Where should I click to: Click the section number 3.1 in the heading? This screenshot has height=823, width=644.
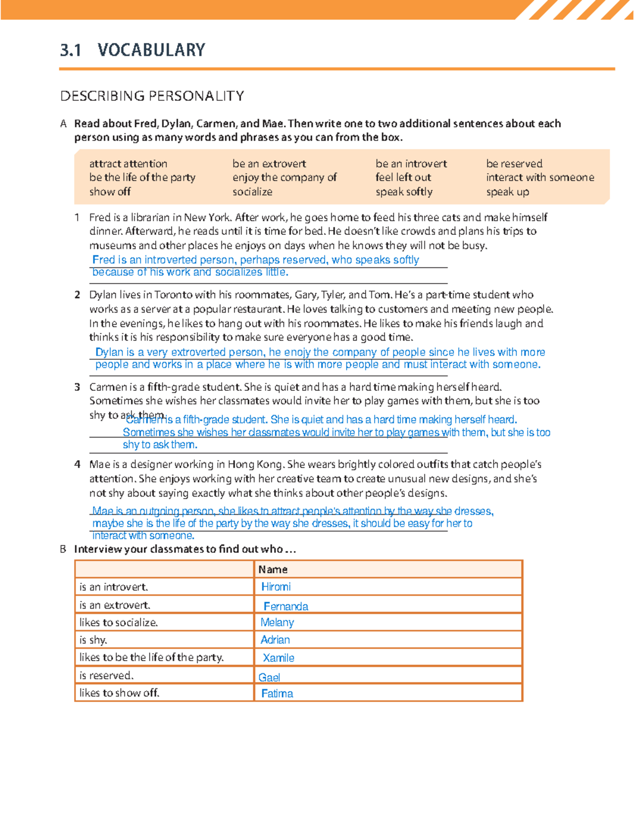point(70,50)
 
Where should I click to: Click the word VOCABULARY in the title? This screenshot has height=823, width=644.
point(151,50)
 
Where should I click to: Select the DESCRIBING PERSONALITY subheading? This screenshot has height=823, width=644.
point(152,96)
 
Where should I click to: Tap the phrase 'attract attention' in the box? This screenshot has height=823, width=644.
point(128,164)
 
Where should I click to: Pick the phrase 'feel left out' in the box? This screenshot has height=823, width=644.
point(403,177)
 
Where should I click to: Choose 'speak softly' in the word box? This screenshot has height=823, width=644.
point(404,192)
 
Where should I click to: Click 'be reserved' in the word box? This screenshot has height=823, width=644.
point(514,164)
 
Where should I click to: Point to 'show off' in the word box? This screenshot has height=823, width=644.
point(109,192)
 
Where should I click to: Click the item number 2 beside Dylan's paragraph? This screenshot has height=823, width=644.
point(77,295)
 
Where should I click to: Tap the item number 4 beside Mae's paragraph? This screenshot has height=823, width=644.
point(77,464)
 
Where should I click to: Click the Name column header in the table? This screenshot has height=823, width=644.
point(273,569)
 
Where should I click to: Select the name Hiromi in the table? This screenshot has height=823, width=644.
point(276,587)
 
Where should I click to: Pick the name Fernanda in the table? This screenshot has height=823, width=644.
point(286,606)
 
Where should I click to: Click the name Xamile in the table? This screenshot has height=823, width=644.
point(278,658)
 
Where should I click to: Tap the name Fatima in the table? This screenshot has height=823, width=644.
point(277,694)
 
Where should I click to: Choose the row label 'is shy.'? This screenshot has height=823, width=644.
point(93,640)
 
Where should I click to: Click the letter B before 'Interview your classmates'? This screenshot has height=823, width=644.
point(63,549)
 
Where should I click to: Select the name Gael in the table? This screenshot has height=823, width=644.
point(269,678)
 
